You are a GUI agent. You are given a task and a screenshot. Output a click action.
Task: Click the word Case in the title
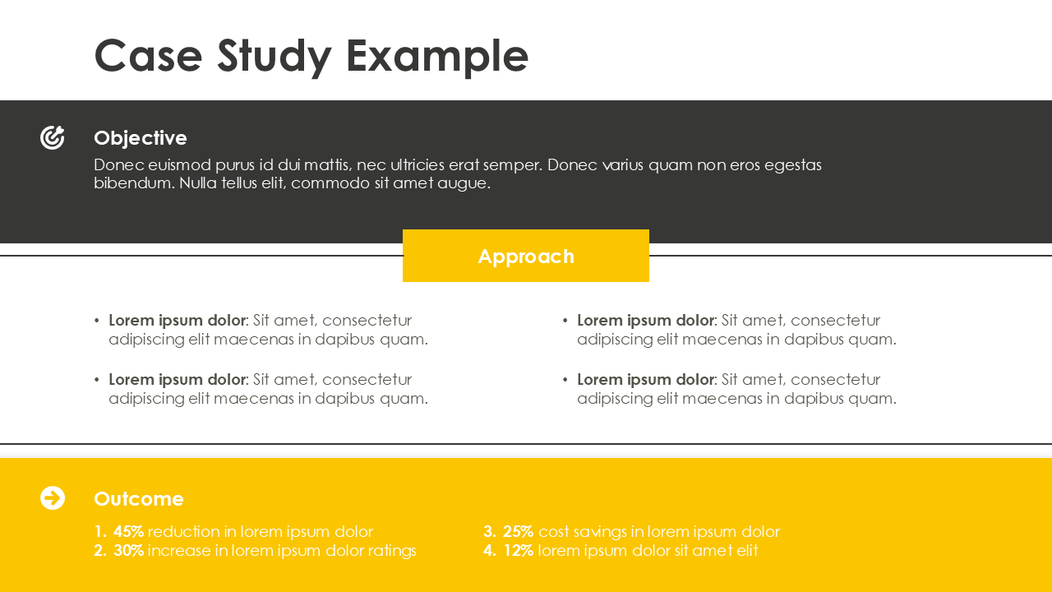(148, 56)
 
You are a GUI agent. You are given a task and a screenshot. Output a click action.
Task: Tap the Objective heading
(141, 137)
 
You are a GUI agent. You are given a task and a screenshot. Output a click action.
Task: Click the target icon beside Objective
(53, 137)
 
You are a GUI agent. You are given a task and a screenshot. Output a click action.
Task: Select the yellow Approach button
(526, 256)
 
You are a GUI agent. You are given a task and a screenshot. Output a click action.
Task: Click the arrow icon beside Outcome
(53, 497)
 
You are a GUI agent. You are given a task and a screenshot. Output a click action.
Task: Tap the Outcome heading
(139, 498)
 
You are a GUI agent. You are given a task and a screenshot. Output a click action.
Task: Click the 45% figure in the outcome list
(129, 531)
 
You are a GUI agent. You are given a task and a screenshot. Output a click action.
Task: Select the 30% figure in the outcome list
(129, 550)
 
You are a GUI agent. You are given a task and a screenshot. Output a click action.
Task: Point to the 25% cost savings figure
(519, 531)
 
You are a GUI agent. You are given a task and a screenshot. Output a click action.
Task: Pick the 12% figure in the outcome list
(519, 550)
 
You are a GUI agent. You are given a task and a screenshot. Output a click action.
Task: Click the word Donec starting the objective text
(118, 164)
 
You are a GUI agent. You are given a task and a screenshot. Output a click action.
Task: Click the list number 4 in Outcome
(489, 550)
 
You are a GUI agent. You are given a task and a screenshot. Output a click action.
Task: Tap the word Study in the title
(275, 56)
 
